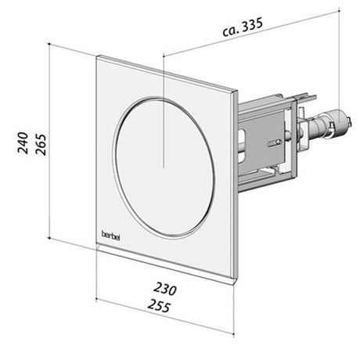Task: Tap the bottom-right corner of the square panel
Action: (232, 286)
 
